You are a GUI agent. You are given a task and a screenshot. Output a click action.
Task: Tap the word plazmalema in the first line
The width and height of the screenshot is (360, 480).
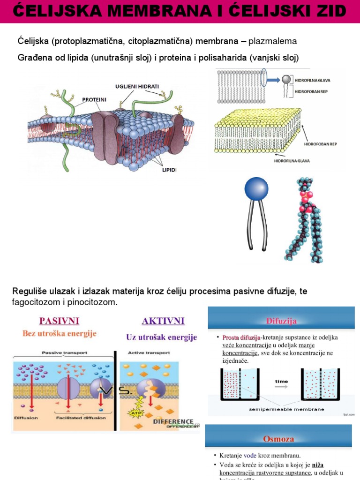(272, 42)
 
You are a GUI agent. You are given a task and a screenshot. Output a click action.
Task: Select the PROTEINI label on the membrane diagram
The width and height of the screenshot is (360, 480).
(94, 100)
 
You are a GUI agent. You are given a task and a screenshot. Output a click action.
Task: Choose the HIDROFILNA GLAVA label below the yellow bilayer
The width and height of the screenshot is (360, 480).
(292, 161)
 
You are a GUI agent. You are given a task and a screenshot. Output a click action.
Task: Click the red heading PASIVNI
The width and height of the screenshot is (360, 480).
(59, 321)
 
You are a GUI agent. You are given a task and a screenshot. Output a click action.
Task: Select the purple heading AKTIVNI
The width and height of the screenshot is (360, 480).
(163, 321)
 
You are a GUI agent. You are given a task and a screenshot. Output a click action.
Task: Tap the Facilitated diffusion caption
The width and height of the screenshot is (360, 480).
(81, 418)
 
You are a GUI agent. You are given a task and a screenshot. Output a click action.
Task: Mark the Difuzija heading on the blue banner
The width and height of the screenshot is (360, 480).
(281, 321)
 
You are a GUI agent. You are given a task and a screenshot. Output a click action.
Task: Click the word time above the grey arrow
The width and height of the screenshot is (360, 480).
(281, 381)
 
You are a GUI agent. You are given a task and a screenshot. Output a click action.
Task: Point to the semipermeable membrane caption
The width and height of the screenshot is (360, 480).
(286, 409)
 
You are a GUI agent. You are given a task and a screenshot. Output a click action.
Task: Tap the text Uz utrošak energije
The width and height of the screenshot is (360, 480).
(161, 337)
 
